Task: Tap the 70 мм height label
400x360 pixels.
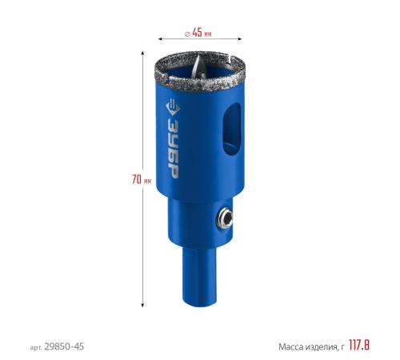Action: tap(142, 179)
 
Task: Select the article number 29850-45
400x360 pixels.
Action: tap(64, 346)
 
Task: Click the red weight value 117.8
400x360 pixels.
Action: tap(359, 345)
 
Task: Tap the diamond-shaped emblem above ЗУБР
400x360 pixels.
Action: tap(173, 107)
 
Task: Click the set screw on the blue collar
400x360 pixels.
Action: tap(225, 218)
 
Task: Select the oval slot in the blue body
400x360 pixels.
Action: tap(232, 130)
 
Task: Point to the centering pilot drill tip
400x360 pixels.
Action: tap(198, 68)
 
